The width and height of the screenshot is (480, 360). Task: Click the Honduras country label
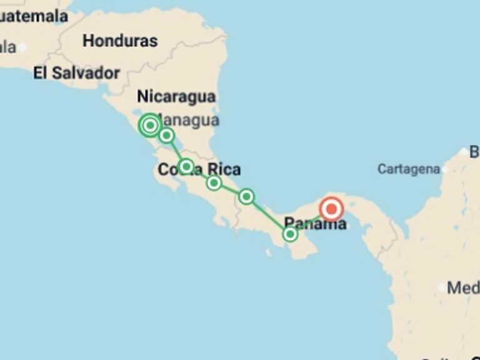120,41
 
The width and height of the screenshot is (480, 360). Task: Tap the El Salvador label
76,73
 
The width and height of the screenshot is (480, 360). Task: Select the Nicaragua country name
176,96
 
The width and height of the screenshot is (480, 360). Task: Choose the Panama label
315,223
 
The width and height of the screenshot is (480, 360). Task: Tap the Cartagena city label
408,169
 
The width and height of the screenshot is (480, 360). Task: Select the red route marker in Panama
331,209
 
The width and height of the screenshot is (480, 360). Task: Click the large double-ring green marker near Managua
150,126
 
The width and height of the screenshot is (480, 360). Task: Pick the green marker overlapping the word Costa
186,166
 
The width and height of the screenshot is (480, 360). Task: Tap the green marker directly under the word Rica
214,182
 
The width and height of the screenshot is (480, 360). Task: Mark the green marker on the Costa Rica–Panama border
246,197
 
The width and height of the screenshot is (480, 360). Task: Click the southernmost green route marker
290,234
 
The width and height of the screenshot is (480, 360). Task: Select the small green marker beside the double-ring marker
166,135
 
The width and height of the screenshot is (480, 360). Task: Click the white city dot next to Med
442,287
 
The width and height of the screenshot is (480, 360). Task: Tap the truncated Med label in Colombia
464,288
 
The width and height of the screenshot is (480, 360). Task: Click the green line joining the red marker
311,221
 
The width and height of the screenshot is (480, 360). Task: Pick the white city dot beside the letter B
463,152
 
